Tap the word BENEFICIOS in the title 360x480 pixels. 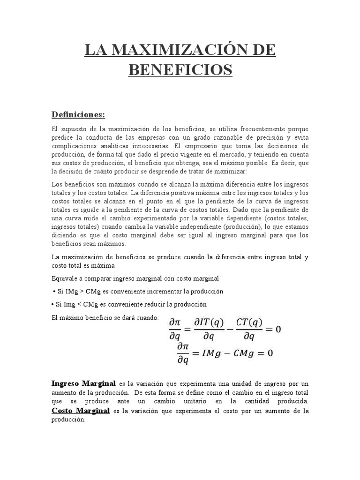click(x=180, y=70)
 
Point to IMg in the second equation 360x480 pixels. click(x=209, y=353)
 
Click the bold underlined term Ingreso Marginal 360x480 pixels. click(x=83, y=383)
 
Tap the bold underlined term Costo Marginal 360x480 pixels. click(x=81, y=411)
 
